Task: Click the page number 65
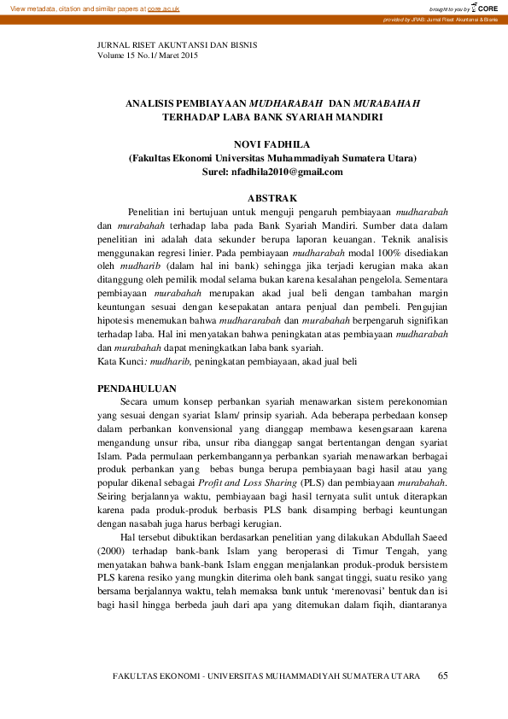442,676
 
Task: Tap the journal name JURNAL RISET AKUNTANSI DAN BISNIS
177,44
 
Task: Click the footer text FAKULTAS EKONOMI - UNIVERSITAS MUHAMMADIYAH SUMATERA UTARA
266,676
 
